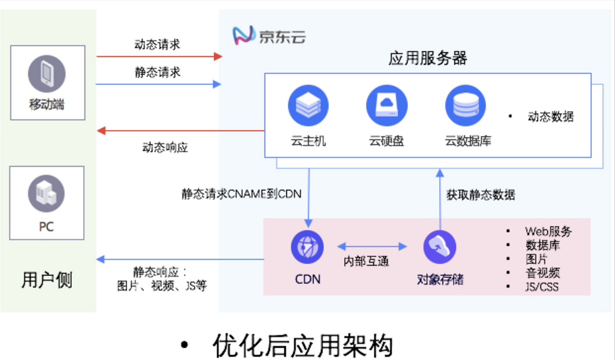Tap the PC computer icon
click(x=47, y=193)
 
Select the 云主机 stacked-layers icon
click(x=308, y=105)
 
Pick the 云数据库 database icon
click(x=465, y=105)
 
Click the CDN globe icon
click(x=307, y=247)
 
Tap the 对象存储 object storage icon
click(x=440, y=247)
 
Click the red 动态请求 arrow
click(x=160, y=56)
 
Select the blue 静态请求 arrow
click(x=160, y=84)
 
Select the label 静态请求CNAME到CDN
click(x=241, y=194)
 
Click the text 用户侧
click(x=47, y=280)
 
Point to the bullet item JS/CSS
click(x=542, y=287)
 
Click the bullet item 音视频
click(x=542, y=273)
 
